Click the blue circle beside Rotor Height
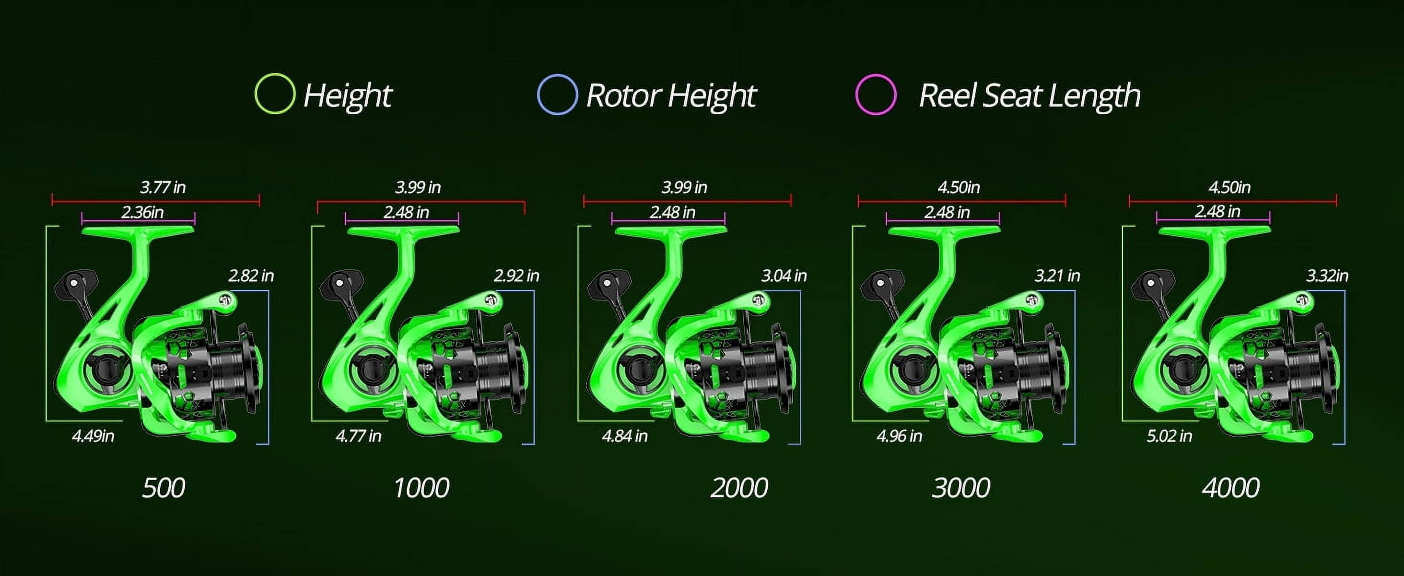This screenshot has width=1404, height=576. click(557, 95)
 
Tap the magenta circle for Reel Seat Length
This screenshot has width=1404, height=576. click(875, 95)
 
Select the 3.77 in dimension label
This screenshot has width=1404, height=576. click(163, 188)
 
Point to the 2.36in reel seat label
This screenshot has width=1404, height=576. click(142, 212)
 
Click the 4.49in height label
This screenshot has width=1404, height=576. click(93, 436)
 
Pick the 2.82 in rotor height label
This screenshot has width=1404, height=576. click(251, 276)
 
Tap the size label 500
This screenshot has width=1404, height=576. click(163, 487)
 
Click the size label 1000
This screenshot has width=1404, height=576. click(421, 487)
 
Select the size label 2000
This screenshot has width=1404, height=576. click(739, 487)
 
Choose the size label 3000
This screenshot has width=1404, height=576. click(961, 487)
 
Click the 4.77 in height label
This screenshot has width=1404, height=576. click(358, 436)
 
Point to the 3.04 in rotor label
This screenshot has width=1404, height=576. click(784, 276)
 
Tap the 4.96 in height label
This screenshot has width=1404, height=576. click(899, 436)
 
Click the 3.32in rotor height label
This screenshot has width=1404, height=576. click(1327, 276)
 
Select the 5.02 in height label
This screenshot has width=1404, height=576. click(1169, 436)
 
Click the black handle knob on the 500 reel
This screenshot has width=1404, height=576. click(75, 283)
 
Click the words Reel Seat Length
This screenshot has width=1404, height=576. click(1029, 96)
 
